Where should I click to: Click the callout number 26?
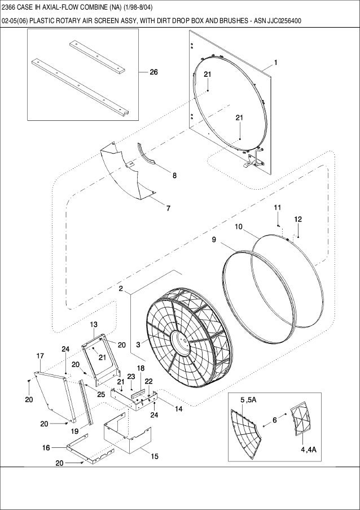(153, 72)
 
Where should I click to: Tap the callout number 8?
(174, 175)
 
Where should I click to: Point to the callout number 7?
(168, 207)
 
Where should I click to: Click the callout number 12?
(298, 219)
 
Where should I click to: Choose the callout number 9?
(214, 239)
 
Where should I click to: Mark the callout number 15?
(154, 456)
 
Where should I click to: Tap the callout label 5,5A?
(248, 400)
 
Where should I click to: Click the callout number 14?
(178, 408)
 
